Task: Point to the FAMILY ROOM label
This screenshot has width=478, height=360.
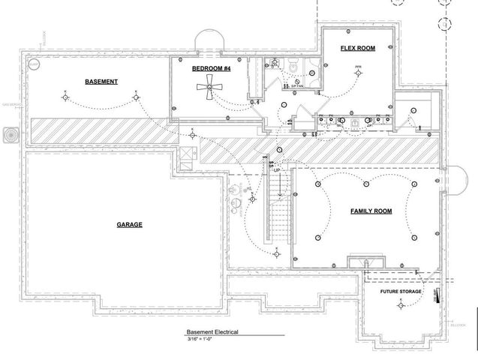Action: [x=371, y=212]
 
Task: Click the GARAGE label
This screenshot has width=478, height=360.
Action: [x=129, y=224]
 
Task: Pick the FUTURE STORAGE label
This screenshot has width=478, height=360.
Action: [x=400, y=291]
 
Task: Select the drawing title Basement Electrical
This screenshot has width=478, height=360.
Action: [x=213, y=331]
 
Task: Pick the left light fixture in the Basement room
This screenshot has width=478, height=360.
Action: [x=65, y=96]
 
